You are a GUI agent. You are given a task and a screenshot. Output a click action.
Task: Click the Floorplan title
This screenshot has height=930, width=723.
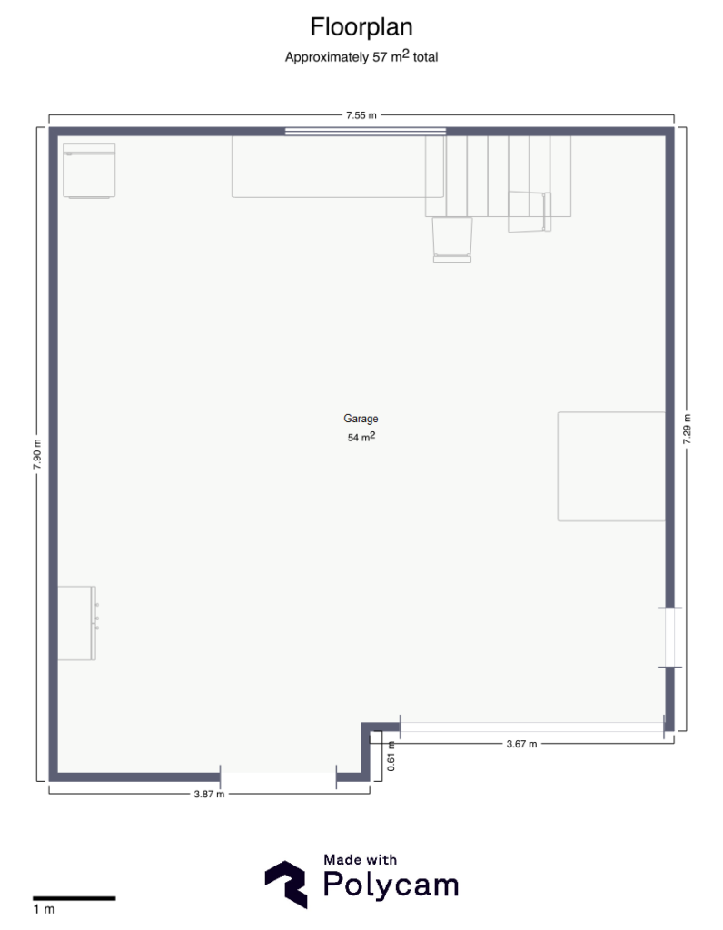coord(361,27)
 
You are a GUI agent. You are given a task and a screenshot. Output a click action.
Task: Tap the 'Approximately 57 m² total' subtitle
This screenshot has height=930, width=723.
coord(361,57)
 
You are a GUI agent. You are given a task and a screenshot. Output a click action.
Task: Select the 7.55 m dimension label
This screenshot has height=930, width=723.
coord(361,115)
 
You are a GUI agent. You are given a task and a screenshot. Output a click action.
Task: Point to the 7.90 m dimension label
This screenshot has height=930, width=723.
coord(37,455)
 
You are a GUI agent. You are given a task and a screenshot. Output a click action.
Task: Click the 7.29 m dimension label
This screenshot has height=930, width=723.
coord(687,430)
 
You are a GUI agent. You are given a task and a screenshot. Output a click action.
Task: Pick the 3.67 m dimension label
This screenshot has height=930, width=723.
coord(522,744)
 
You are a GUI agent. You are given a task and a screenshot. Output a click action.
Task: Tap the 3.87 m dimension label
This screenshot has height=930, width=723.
coord(210,794)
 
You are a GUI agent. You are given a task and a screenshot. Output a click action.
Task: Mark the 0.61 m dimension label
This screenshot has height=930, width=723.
coord(391,757)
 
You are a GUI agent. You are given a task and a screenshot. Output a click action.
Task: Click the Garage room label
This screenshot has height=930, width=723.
coord(361,419)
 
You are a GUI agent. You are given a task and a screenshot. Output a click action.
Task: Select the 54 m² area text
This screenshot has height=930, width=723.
coord(361,437)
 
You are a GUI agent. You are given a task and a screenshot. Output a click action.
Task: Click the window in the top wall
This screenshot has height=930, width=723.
coord(365,132)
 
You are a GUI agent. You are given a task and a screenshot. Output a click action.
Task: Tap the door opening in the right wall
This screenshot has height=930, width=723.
coord(669,638)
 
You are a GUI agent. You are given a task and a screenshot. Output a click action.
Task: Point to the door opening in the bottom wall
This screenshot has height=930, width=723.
coord(278,777)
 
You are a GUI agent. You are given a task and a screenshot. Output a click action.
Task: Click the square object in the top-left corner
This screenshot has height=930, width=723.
coord(90,171)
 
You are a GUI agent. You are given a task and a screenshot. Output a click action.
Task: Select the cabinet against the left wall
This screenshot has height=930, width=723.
coord(77,623)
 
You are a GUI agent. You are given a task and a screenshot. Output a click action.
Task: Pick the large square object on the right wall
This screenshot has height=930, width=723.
coord(611,467)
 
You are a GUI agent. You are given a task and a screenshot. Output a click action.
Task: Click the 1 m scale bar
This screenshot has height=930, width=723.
coord(74,898)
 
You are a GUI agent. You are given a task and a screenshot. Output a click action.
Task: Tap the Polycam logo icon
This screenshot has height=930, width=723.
coord(286,885)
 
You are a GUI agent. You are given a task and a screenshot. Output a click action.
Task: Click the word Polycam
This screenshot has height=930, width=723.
coord(391,885)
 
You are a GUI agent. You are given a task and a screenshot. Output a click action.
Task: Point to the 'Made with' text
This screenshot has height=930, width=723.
coord(360,859)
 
